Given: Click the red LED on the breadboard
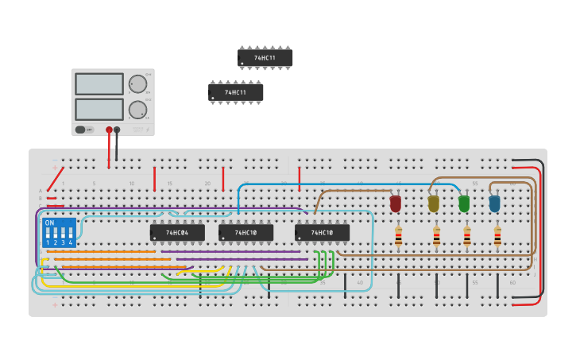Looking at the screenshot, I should [396, 204].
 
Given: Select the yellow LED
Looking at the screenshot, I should [433, 204].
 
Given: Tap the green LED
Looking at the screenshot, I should [464, 204].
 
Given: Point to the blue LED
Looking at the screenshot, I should [494, 204].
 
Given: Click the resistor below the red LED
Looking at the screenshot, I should [398, 236].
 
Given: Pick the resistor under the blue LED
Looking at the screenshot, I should [497, 236].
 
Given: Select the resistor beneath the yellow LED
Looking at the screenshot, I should [436, 236].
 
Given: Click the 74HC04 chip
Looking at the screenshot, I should [177, 233].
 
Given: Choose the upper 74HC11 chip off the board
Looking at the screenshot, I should [265, 58].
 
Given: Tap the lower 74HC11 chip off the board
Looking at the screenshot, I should [236, 92].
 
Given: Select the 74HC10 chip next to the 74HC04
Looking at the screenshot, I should [245, 233].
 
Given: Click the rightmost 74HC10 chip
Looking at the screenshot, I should [322, 233].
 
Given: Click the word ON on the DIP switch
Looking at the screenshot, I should [50, 223].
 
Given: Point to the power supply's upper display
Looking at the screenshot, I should [99, 84].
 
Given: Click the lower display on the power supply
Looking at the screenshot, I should [99, 109].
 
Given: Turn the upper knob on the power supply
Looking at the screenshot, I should [137, 84].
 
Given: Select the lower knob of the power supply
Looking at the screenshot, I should [137, 110].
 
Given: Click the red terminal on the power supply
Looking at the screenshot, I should [109, 130].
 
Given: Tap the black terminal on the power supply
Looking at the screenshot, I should [117, 130].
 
